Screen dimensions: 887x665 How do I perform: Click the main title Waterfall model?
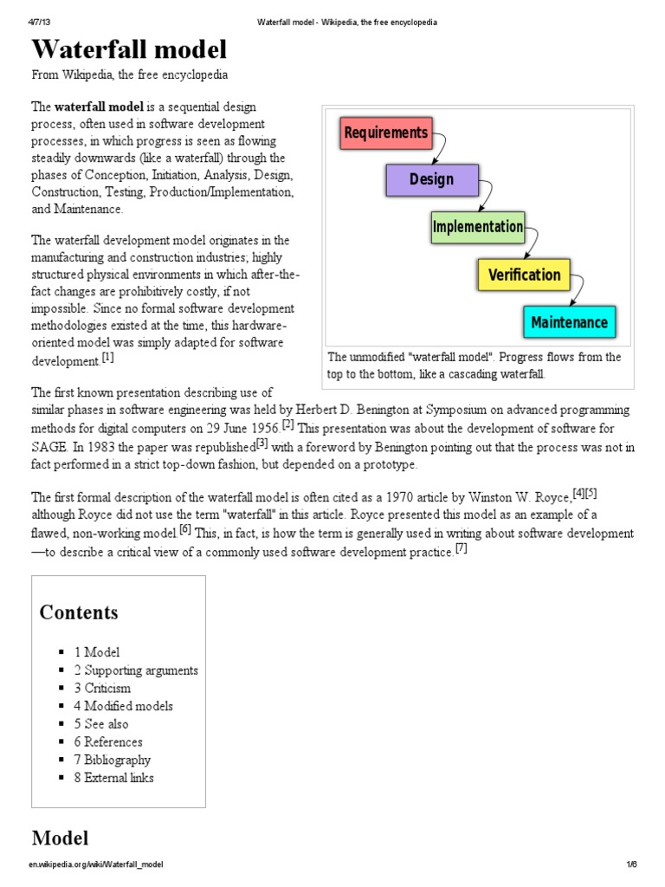click(129, 49)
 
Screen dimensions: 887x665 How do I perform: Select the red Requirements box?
click(385, 133)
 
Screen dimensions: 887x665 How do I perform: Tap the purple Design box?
click(431, 179)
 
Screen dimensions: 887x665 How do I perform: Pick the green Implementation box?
click(477, 227)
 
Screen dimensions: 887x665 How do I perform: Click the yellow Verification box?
click(524, 275)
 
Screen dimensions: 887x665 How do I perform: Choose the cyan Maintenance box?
click(569, 322)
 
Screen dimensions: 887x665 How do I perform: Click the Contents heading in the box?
click(79, 612)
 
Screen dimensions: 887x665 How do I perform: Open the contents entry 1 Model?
click(97, 652)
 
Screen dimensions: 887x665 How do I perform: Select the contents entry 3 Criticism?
click(102, 688)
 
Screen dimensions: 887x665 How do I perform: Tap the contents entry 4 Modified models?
click(123, 706)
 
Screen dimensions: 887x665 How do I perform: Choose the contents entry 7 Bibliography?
click(112, 760)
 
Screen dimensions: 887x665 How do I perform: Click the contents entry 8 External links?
click(113, 778)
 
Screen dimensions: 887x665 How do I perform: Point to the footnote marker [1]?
click(107, 356)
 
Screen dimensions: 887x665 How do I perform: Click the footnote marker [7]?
click(461, 549)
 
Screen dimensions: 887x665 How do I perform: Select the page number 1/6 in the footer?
click(631, 864)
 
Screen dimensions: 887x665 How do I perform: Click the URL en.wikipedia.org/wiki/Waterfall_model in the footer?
click(97, 864)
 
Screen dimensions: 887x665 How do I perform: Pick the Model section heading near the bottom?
click(60, 838)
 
